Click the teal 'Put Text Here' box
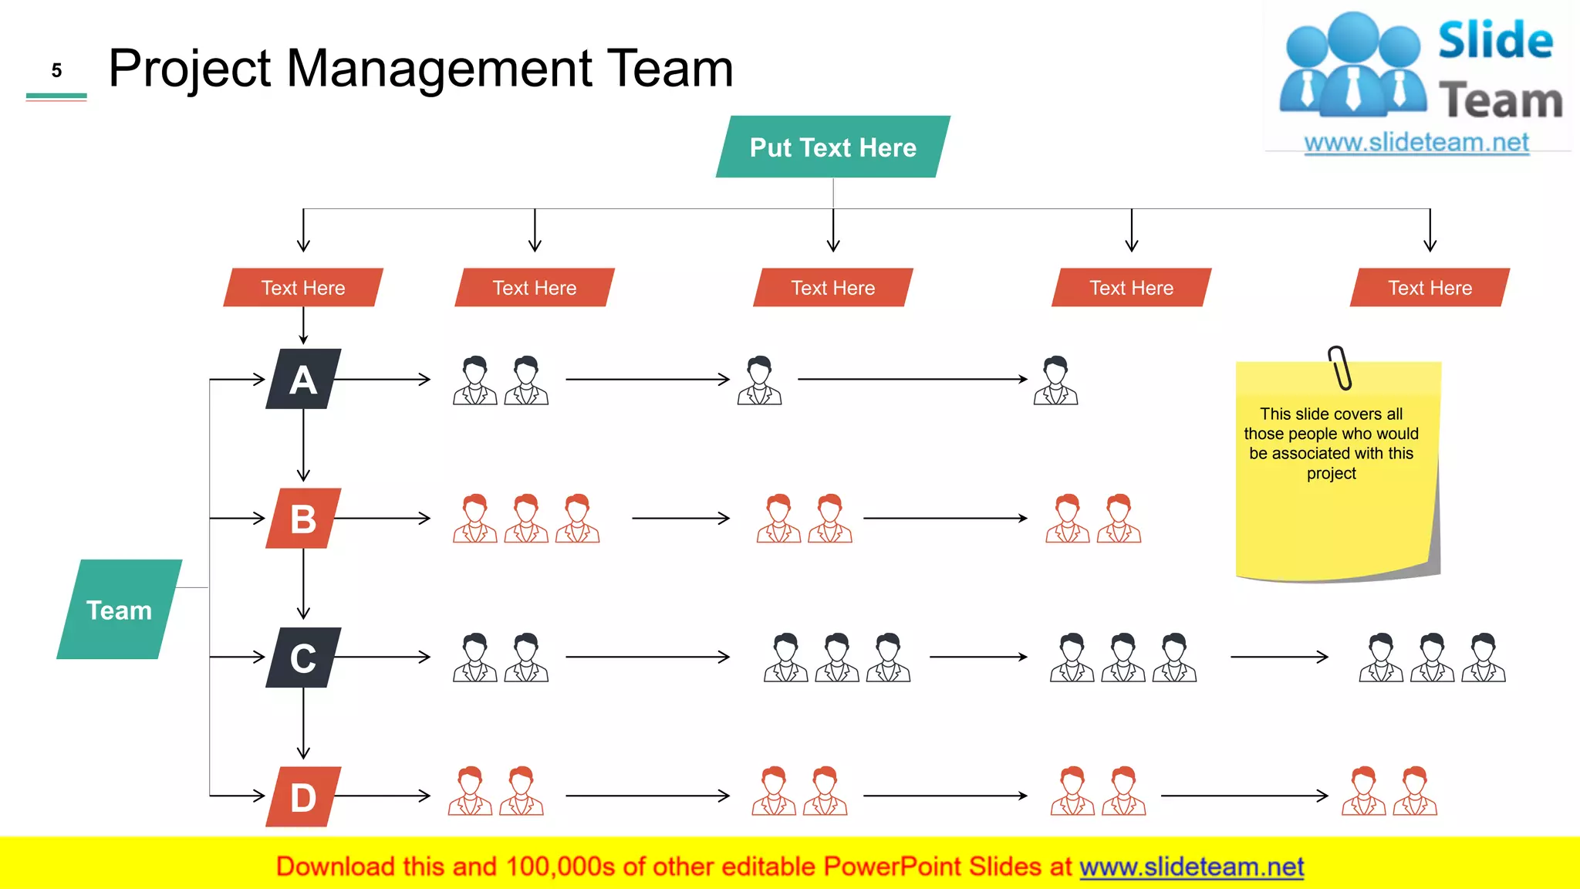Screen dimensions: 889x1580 [833, 147]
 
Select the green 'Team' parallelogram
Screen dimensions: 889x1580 [119, 610]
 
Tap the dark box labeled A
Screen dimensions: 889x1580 [303, 380]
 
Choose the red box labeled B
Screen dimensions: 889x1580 [303, 519]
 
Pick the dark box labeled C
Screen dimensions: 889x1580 [303, 657]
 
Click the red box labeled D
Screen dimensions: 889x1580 [303, 796]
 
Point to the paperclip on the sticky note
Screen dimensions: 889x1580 [1340, 368]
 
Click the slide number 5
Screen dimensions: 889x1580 [56, 71]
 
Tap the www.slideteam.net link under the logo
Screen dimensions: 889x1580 [1416, 143]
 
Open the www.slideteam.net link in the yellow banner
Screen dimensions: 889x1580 [1191, 867]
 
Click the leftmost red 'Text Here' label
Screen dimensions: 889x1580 [303, 288]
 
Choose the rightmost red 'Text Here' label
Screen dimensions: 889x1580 [1430, 288]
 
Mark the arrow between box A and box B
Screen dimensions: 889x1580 [303, 446]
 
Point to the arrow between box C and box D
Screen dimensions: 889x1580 [303, 724]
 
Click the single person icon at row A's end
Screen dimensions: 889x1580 [1055, 380]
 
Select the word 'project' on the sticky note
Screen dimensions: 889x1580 [1331, 473]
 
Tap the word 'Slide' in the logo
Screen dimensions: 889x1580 [1495, 41]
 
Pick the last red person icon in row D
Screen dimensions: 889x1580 [1415, 791]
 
